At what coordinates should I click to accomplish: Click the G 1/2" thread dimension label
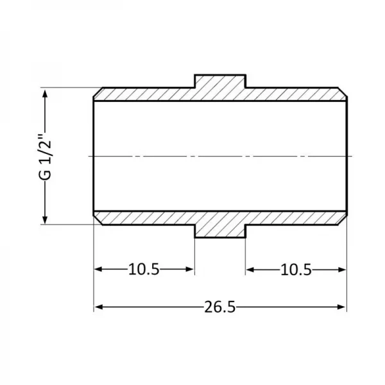tap(44, 156)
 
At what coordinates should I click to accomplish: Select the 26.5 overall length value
tap(220, 307)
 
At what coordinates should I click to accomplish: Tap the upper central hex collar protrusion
tap(220, 81)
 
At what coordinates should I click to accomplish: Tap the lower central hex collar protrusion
tap(220, 231)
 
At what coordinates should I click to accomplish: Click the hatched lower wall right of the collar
tap(295, 218)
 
